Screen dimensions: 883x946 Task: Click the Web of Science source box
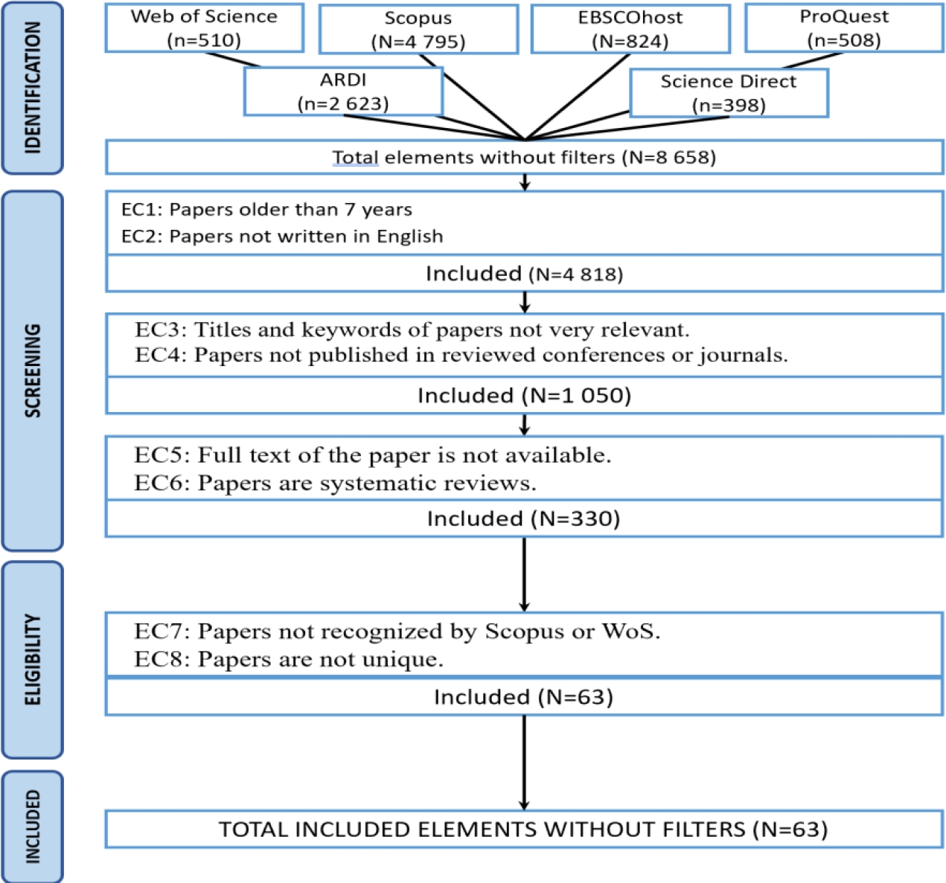tap(204, 28)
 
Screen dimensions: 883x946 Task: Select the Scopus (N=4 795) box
tap(418, 30)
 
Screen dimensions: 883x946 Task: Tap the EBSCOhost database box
tap(630, 29)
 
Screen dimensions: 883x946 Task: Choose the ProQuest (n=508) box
tap(844, 28)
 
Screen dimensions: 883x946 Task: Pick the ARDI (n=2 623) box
tap(343, 91)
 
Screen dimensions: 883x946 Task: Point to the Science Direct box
tap(728, 93)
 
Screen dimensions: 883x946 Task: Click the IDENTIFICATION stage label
tap(32, 88)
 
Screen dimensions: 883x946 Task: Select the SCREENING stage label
tap(32, 370)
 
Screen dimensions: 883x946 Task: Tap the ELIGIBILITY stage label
tap(32, 659)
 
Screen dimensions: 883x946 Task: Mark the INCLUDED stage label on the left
tap(32, 826)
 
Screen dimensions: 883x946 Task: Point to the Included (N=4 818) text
tap(524, 274)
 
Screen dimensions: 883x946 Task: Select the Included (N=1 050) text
tap(524, 395)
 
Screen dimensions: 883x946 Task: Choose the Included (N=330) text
tap(523, 518)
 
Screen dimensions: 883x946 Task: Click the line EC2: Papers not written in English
tap(282, 237)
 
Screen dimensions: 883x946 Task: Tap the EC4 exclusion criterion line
tap(461, 355)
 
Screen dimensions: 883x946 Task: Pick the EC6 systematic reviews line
tap(335, 484)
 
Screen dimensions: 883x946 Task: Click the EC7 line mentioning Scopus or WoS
tap(397, 632)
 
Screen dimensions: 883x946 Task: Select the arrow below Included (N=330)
tap(524, 574)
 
